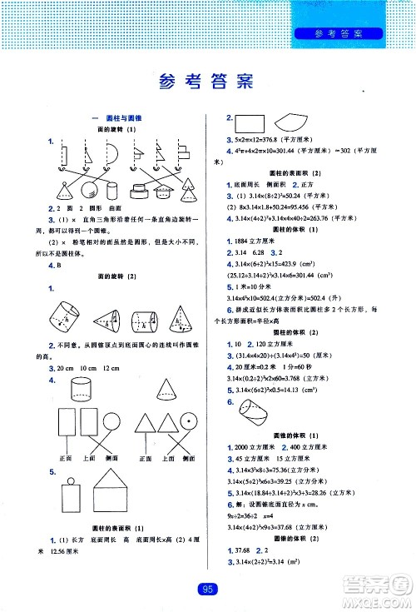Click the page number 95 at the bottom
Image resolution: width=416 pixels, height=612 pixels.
208,590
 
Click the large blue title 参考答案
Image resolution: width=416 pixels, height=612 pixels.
208,82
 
